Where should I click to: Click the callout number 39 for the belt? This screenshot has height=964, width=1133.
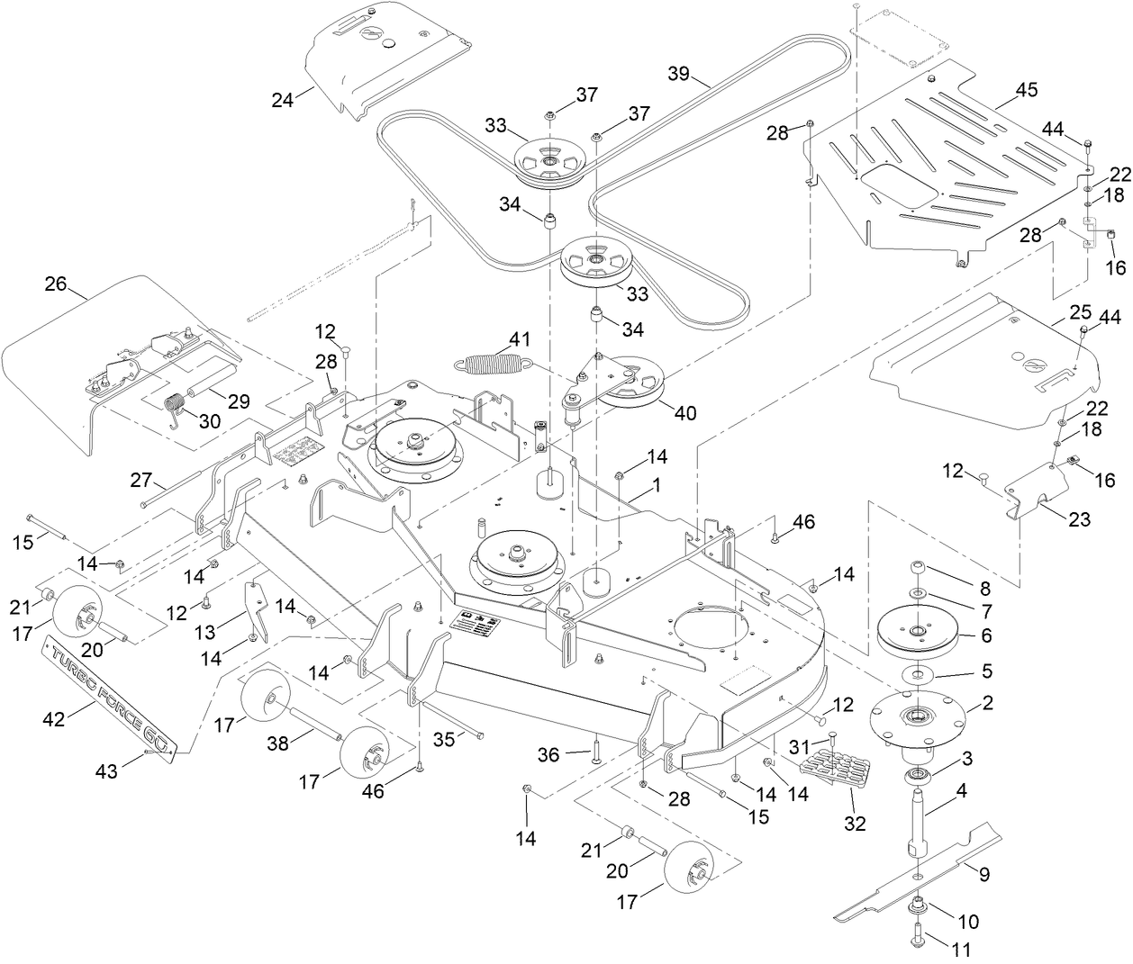click(x=683, y=73)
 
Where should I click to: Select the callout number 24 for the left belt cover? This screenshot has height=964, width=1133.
click(x=283, y=100)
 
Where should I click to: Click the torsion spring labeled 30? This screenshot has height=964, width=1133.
click(x=177, y=407)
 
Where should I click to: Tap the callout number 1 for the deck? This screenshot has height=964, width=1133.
click(x=657, y=483)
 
